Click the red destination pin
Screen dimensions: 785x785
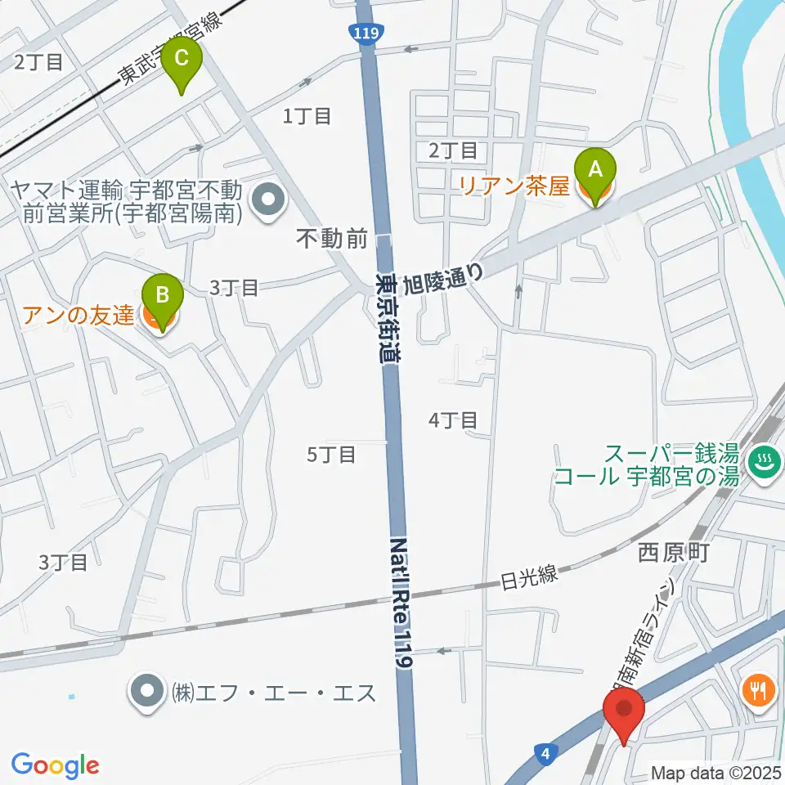(624, 710)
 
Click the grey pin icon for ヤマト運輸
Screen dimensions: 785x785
(267, 198)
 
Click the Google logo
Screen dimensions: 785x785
(56, 765)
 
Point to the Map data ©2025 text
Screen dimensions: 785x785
(715, 772)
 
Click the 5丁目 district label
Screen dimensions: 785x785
(331, 455)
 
